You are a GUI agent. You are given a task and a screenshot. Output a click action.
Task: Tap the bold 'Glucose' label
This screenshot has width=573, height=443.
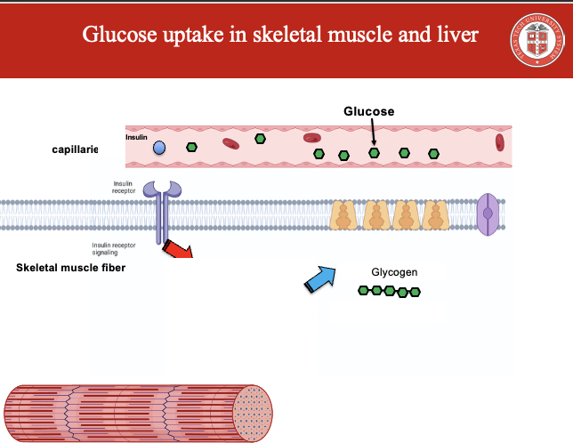click(368, 111)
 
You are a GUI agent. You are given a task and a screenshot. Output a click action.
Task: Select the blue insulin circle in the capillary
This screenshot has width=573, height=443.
click(159, 148)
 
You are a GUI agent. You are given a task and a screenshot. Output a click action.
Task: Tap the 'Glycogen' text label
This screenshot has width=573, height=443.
click(394, 272)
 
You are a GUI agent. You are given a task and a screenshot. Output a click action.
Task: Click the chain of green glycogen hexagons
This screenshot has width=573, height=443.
click(389, 291)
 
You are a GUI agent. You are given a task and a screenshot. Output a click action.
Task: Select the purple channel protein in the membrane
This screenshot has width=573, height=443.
click(488, 214)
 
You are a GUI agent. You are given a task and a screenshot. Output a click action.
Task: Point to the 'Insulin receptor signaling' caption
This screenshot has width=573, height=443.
click(114, 247)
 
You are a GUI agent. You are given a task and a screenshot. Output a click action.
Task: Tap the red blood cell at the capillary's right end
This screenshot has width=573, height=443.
click(500, 141)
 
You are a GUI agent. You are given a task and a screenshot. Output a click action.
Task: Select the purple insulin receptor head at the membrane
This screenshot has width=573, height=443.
click(162, 189)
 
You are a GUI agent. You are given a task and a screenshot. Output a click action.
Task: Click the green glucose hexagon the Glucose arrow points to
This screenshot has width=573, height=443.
click(375, 153)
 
